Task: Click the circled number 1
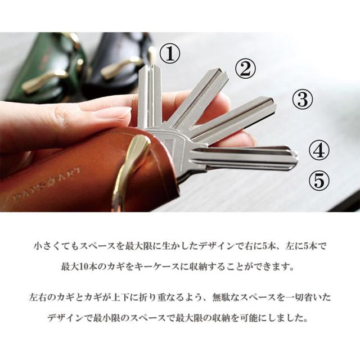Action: (x=170, y=54)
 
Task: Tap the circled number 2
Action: (x=245, y=69)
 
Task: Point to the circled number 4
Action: (x=319, y=150)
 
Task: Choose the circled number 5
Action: (x=319, y=180)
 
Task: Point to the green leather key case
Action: (x=44, y=69)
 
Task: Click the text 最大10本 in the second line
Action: (x=79, y=267)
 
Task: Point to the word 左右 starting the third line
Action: (x=38, y=298)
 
